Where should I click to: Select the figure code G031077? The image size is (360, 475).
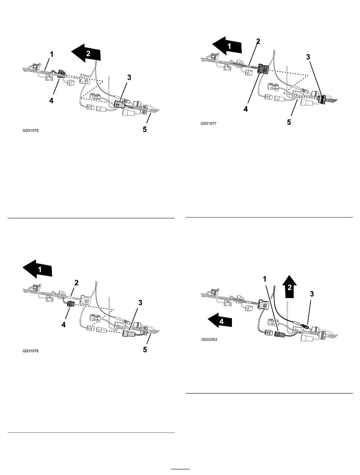tap(209, 123)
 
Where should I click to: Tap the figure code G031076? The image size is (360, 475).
tap(30, 351)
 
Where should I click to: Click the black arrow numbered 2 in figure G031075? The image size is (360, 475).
tap(87, 54)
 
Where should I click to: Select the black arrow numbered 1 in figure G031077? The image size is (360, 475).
tap(227, 47)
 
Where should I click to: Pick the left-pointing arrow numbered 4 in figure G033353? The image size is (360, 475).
tap(219, 322)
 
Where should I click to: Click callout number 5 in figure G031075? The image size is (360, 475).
tap(144, 129)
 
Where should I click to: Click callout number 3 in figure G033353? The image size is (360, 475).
tap(312, 293)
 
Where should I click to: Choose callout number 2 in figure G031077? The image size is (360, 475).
tap(258, 41)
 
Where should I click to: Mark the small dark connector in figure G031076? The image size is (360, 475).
tap(70, 304)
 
